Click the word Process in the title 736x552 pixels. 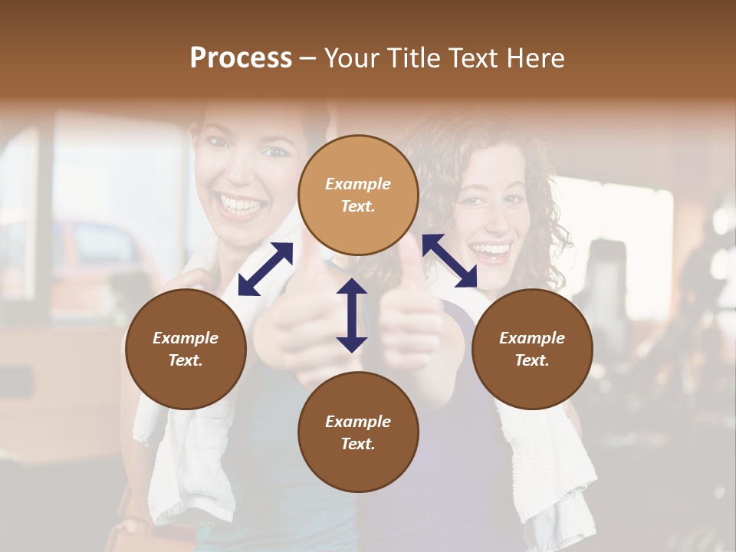point(241,58)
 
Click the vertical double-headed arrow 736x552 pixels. point(352,315)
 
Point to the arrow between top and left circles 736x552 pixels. point(265,268)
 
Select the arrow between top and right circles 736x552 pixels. point(449,261)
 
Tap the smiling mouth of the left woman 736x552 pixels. point(238,205)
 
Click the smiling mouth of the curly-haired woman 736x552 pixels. point(491,251)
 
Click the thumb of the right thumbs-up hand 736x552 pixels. point(409,264)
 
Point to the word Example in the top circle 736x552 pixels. point(358,184)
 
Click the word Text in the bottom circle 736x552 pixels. point(358,444)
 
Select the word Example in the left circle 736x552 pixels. point(186,338)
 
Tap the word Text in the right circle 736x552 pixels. point(532,360)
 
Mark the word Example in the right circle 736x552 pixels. point(532,338)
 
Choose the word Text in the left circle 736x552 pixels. point(186,360)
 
